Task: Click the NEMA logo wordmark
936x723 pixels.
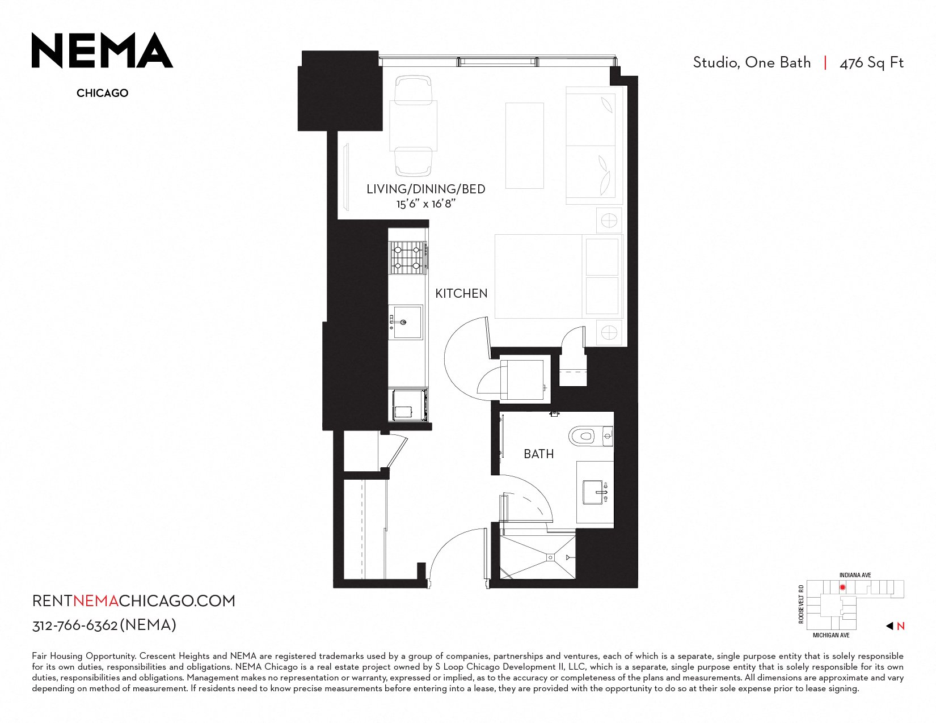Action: pyautogui.click(x=102, y=50)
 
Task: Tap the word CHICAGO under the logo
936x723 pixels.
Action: pyautogui.click(x=103, y=93)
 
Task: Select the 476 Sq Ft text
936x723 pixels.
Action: pyautogui.click(x=871, y=63)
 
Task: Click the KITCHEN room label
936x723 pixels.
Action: pyautogui.click(x=461, y=293)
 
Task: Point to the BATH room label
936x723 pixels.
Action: pyautogui.click(x=539, y=454)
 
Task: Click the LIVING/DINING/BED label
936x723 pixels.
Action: pyautogui.click(x=426, y=189)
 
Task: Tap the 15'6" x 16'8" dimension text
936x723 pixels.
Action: pyautogui.click(x=426, y=204)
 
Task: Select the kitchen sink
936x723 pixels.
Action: pyautogui.click(x=406, y=322)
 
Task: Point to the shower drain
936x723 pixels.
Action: pyautogui.click(x=550, y=557)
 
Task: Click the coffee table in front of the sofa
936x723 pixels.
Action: pyautogui.click(x=524, y=146)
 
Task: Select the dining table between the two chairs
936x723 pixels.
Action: pyautogui.click(x=413, y=125)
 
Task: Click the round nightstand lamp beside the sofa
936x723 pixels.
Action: pyautogui.click(x=609, y=221)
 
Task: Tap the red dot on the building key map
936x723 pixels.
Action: pyautogui.click(x=842, y=587)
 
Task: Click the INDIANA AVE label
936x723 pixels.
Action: pyautogui.click(x=855, y=576)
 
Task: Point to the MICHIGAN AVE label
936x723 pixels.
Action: pyautogui.click(x=831, y=635)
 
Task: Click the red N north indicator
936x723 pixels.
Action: pyautogui.click(x=901, y=627)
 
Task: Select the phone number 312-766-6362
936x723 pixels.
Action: pyautogui.click(x=75, y=625)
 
